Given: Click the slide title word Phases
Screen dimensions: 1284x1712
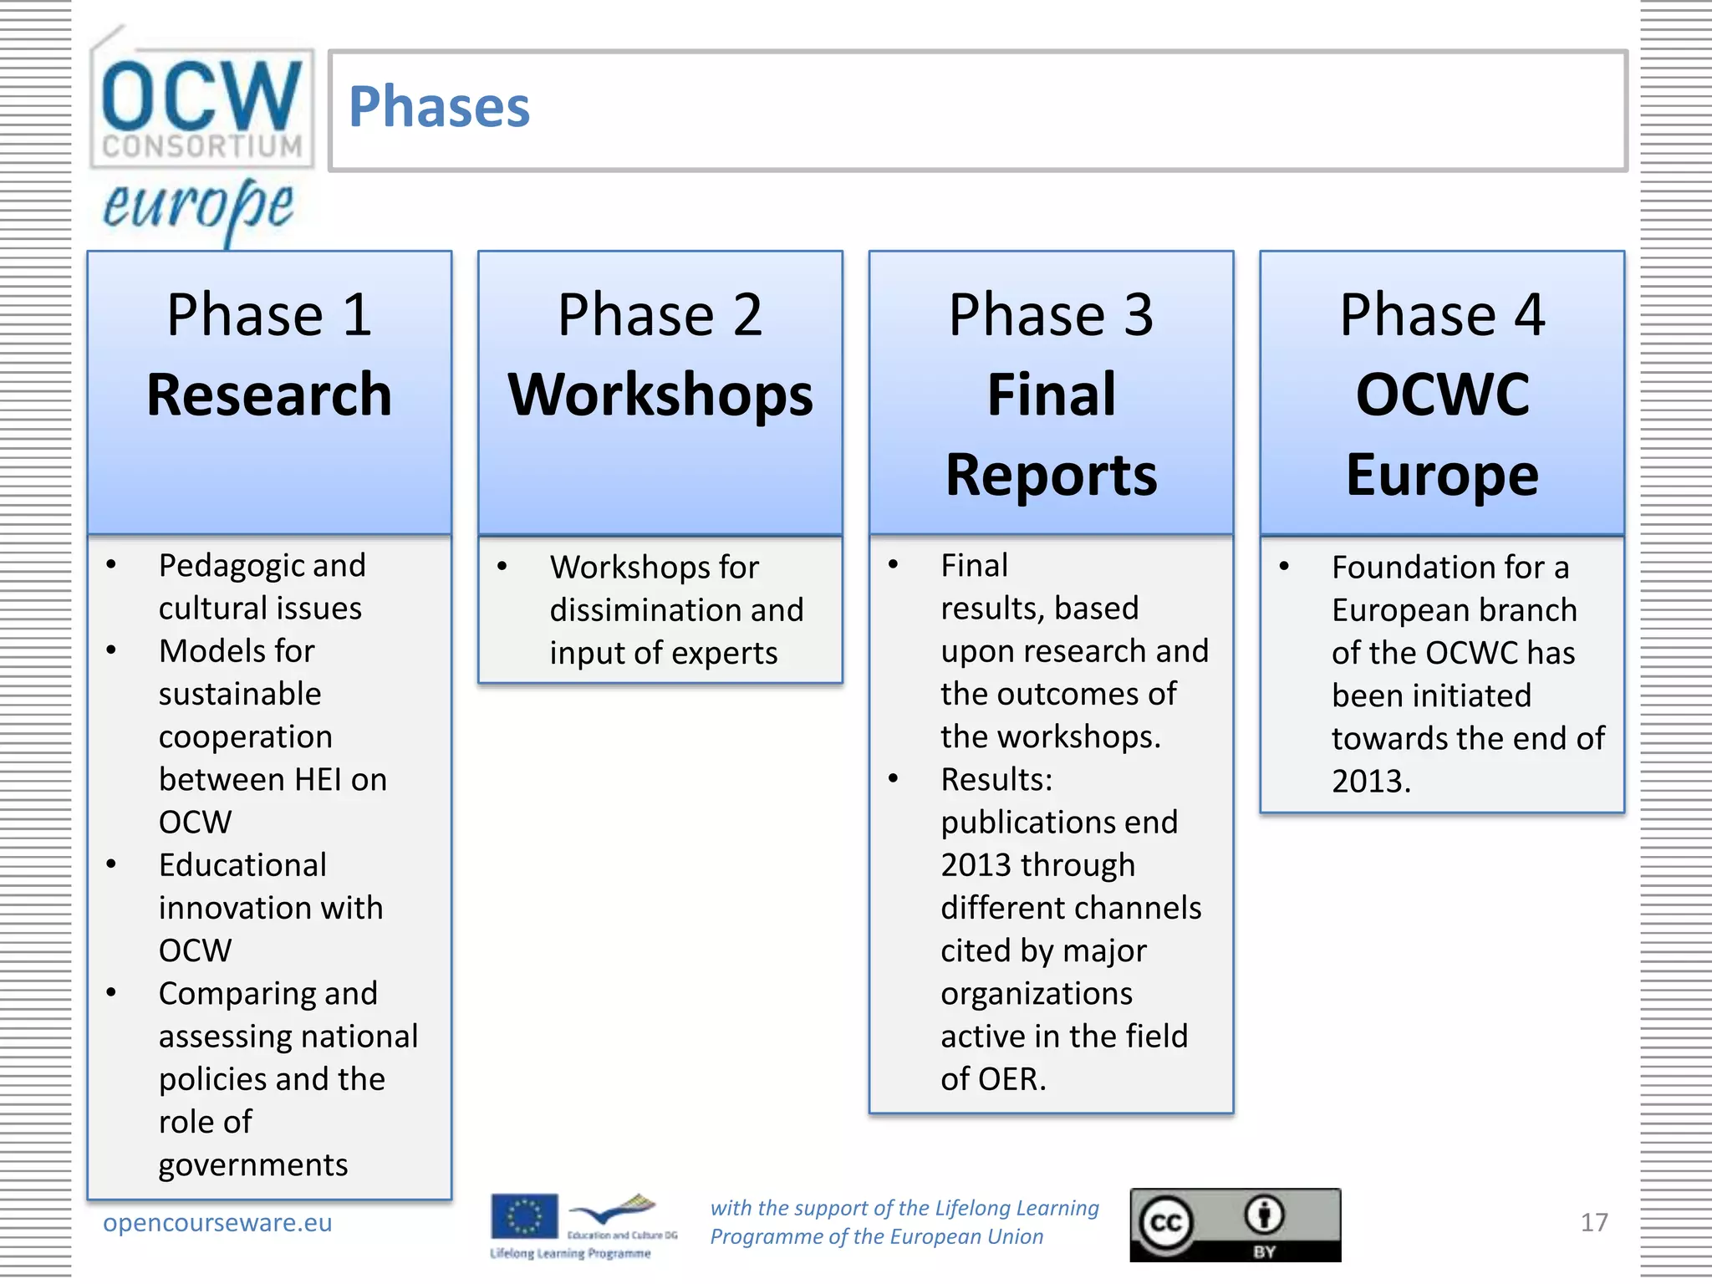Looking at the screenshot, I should [439, 108].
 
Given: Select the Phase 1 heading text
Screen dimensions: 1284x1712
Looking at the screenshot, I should [269, 315].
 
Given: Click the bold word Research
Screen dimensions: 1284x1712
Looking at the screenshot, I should [269, 395].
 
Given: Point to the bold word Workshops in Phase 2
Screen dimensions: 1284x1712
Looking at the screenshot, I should [660, 395].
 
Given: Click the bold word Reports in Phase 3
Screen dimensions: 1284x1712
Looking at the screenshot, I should [1051, 475].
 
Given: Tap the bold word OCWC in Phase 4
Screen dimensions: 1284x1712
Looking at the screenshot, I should [1442, 395].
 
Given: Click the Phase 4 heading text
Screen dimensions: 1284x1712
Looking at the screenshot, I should [1442, 315].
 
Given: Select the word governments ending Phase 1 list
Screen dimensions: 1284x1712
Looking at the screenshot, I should [253, 1164].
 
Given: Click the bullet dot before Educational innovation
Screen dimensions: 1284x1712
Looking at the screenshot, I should [111, 864].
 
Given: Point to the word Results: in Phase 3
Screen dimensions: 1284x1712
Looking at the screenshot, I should [996, 779].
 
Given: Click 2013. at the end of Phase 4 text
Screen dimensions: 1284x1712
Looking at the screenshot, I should [1371, 781].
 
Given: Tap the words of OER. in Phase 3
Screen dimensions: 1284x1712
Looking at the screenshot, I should [993, 1079].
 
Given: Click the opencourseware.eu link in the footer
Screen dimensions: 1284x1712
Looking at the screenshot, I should [217, 1222].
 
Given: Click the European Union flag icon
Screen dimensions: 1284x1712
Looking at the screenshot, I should [524, 1216].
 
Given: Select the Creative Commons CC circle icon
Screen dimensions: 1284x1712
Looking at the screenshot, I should [1166, 1224].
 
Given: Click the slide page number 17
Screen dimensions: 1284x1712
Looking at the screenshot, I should [1593, 1222].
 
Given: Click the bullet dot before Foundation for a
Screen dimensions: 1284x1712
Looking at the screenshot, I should [1284, 567].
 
